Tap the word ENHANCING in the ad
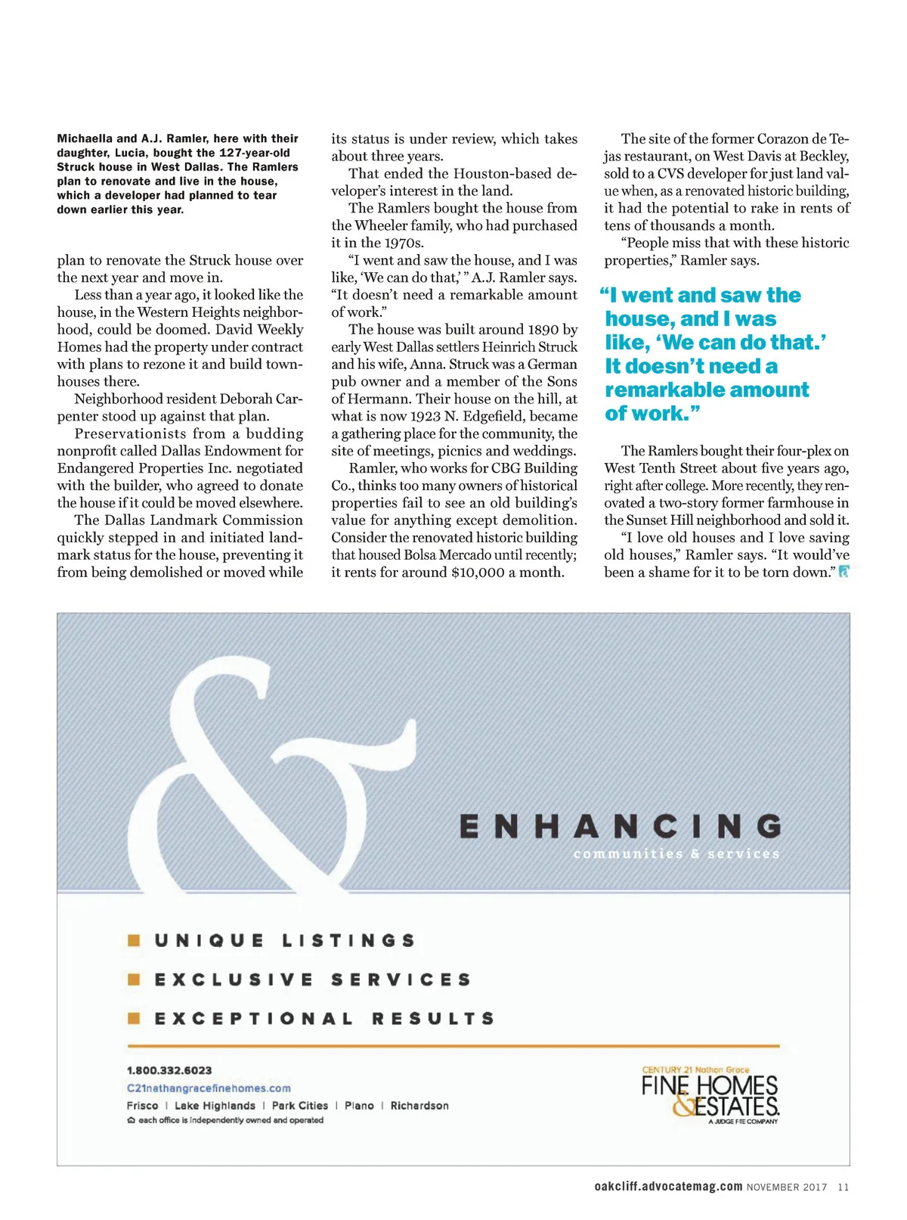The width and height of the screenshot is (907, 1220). pyautogui.click(x=620, y=826)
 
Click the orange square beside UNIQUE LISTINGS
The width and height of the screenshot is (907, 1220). pyautogui.click(x=135, y=940)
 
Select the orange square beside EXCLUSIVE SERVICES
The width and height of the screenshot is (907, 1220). pyautogui.click(x=135, y=979)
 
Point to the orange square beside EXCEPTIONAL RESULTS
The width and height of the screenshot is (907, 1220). pyautogui.click(x=135, y=1018)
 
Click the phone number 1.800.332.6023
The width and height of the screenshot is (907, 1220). pyautogui.click(x=169, y=1070)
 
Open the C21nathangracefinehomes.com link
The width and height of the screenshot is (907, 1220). pyautogui.click(x=209, y=1088)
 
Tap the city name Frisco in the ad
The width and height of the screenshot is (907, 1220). pyautogui.click(x=143, y=1106)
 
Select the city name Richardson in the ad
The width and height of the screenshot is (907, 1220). pyautogui.click(x=419, y=1106)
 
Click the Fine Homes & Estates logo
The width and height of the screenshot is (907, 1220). pyautogui.click(x=710, y=1096)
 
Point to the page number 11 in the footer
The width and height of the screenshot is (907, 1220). pyautogui.click(x=844, y=1187)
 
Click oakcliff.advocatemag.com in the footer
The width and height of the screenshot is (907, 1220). pyautogui.click(x=668, y=1187)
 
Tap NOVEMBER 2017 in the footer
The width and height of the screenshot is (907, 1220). pyautogui.click(x=787, y=1187)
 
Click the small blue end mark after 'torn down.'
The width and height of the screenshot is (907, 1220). pyautogui.click(x=844, y=572)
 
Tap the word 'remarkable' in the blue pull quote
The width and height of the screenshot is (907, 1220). pyautogui.click(x=660, y=390)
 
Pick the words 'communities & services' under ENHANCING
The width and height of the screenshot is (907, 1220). pyautogui.click(x=676, y=854)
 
